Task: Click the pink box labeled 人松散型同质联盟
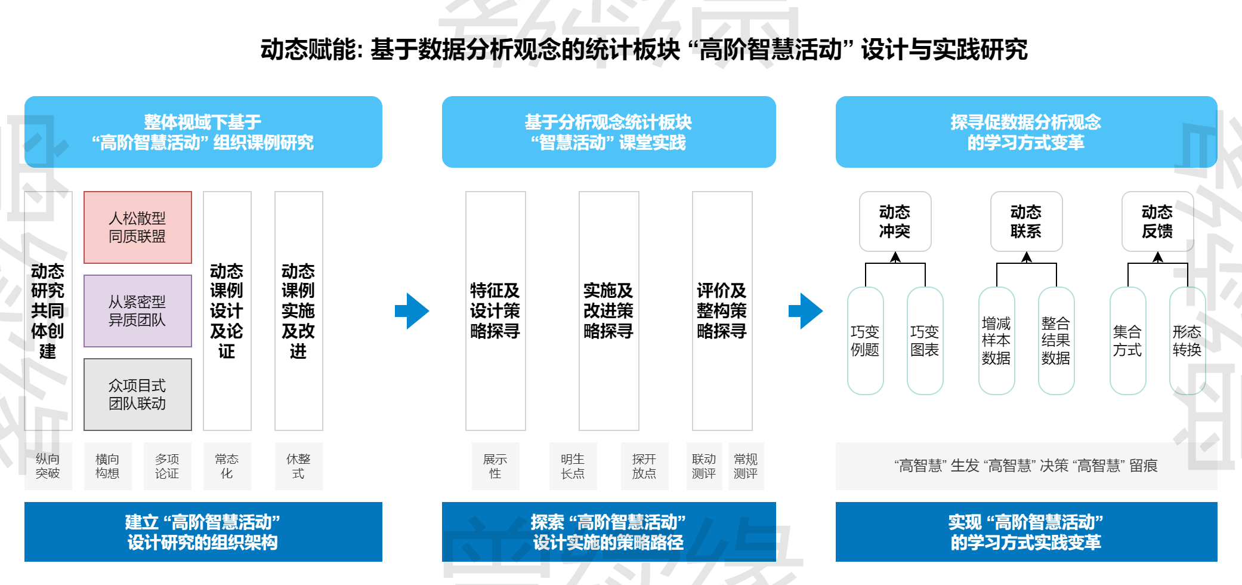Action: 137,227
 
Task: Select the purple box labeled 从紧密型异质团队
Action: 137,311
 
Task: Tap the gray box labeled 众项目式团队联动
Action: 137,395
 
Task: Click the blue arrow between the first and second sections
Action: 412,311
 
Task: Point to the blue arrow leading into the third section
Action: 806,311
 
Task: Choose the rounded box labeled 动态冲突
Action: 895,221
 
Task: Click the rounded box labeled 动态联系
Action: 1026,221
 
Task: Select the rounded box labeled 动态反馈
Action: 1157,221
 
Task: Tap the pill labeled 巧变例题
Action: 865,341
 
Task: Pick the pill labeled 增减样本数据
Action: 996,341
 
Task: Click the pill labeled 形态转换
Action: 1187,341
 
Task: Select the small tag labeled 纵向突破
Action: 48,466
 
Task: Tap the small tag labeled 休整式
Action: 298,466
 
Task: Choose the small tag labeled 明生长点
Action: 573,466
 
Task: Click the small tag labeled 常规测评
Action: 746,466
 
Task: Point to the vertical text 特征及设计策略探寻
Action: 495,311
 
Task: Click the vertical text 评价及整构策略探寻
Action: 722,311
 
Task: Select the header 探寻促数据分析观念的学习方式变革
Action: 1026,132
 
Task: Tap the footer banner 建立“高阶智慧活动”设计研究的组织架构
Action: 203,532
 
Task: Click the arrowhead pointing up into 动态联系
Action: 1027,257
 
